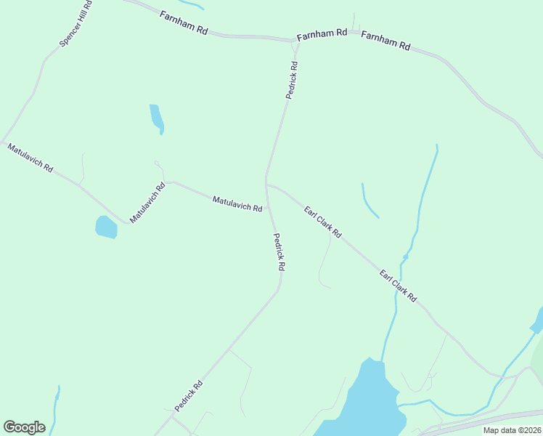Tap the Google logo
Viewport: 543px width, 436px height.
tap(24, 427)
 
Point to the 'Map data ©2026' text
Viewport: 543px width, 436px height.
tap(512, 430)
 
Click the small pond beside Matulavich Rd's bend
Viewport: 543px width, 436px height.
tap(106, 227)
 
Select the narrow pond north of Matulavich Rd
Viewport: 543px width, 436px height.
tap(157, 118)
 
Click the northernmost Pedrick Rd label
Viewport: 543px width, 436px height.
tap(291, 80)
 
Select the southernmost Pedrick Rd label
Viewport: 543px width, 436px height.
tap(188, 395)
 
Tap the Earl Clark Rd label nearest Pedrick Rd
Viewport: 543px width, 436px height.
tap(323, 222)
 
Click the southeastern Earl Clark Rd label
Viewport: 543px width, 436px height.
tap(399, 286)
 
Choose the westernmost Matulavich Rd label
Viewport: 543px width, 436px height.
tap(30, 158)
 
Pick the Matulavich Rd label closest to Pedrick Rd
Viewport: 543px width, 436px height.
tap(237, 203)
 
